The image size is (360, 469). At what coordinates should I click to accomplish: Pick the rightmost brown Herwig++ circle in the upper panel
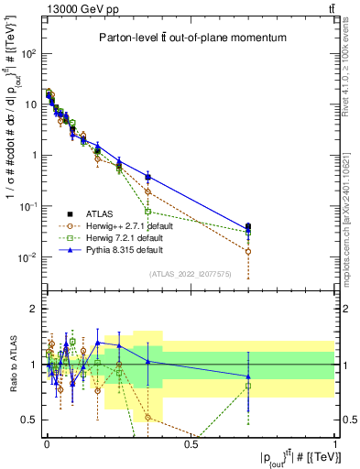pos(248,251)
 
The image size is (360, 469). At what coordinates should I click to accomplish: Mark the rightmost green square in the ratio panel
pos(248,386)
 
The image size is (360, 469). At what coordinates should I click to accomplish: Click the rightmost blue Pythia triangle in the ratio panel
pos(248,376)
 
